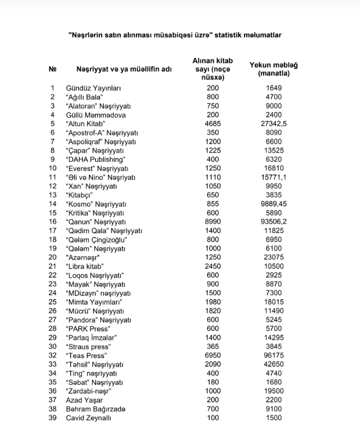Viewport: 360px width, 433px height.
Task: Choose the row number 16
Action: pos(53,221)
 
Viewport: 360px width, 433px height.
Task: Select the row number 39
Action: pos(53,417)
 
